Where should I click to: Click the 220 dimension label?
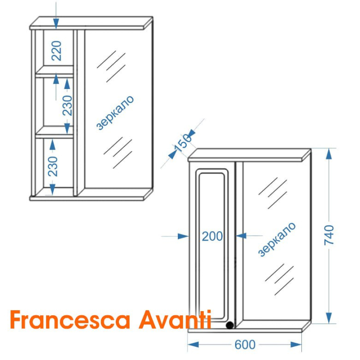click(x=57, y=51)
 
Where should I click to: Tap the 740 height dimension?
click(x=329, y=235)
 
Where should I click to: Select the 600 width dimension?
click(x=245, y=345)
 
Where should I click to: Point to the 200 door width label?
click(x=212, y=236)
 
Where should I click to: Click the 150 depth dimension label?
click(x=182, y=143)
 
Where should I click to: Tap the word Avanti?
click(x=175, y=319)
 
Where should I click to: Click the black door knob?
click(x=229, y=325)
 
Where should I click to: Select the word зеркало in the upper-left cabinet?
click(x=115, y=113)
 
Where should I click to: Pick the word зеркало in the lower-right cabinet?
click(x=277, y=239)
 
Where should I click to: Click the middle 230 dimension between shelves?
click(x=67, y=105)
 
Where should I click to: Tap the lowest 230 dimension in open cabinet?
click(x=53, y=166)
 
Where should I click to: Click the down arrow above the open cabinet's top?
click(x=56, y=15)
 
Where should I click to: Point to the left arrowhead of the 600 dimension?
click(x=193, y=345)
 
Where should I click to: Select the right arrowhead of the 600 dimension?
click(x=296, y=345)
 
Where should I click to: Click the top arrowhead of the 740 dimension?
click(x=329, y=154)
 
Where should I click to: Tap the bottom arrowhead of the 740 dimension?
click(x=329, y=318)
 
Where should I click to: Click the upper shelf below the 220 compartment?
click(x=55, y=71)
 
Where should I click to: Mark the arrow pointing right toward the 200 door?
click(x=175, y=236)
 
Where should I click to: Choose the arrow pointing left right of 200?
click(x=249, y=236)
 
